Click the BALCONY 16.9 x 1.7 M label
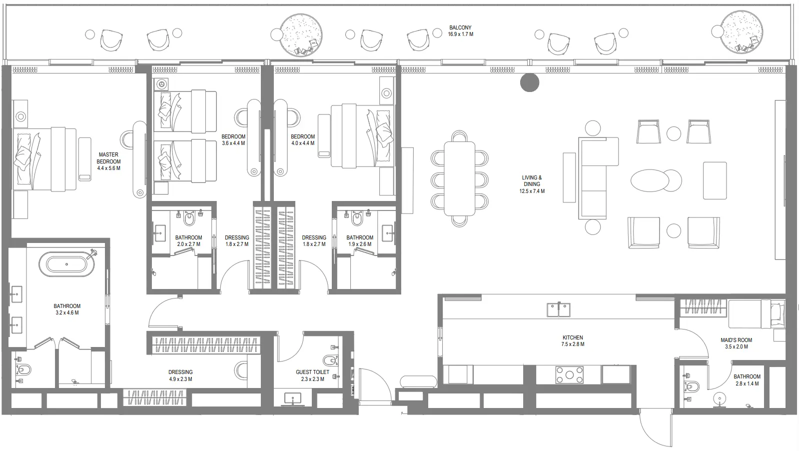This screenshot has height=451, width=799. coord(460,31)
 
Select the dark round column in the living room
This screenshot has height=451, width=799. coord(529,83)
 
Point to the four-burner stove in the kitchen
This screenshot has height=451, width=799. coord(570,375)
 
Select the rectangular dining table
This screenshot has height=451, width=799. coord(460,178)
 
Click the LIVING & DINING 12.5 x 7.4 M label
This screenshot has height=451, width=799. coord(532,184)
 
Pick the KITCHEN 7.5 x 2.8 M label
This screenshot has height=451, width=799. coord(573,340)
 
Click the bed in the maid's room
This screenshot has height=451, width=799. coord(755,314)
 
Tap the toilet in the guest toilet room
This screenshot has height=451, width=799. coord(330,360)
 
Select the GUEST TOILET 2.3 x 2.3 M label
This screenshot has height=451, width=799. coord(312,375)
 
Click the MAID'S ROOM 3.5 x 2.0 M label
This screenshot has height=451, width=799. coord(736,343)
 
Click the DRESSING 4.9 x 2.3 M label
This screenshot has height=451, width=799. coord(180,375)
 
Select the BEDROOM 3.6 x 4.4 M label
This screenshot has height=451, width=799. coord(233,139)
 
